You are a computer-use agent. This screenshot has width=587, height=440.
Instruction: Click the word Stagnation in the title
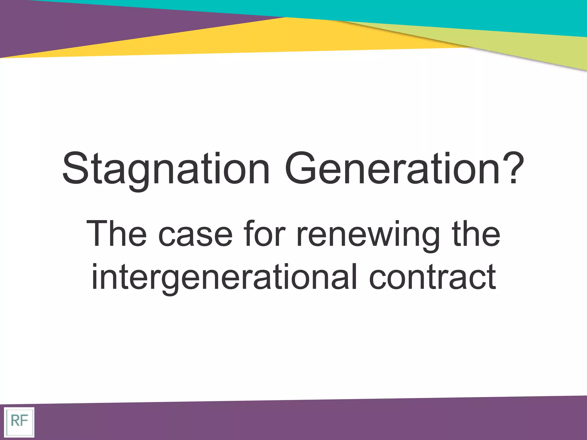coord(166,169)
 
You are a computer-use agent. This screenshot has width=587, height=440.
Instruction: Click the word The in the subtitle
coord(116,233)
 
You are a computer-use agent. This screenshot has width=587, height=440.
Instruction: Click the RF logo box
coord(19,422)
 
